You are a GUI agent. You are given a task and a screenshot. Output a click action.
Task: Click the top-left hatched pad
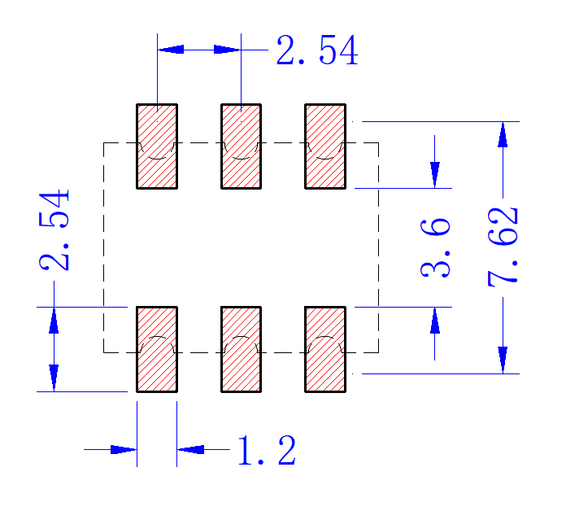pyautogui.click(x=157, y=146)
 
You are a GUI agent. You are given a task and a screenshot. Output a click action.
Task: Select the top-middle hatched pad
pyautogui.click(x=242, y=146)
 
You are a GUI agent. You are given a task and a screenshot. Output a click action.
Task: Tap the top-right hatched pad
pyautogui.click(x=325, y=146)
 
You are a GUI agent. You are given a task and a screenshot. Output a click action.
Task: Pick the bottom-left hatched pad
pyautogui.click(x=157, y=349)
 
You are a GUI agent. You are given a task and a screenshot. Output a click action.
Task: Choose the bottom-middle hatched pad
pyautogui.click(x=242, y=349)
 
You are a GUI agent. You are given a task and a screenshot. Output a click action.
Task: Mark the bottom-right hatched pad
pyautogui.click(x=325, y=349)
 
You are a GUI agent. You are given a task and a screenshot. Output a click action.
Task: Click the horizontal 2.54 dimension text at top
pyautogui.click(x=317, y=50)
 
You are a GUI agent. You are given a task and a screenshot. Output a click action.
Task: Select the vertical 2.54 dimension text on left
pyautogui.click(x=54, y=229)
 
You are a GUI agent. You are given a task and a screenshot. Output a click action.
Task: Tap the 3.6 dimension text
pyautogui.click(x=435, y=247)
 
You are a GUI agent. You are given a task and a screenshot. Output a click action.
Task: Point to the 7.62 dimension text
pyautogui.click(x=503, y=247)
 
